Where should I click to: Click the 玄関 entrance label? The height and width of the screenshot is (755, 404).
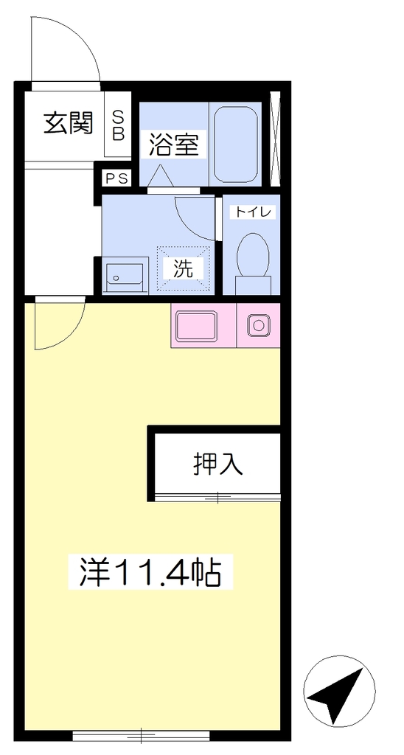coord(68,124)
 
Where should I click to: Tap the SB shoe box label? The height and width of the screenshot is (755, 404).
coord(118,125)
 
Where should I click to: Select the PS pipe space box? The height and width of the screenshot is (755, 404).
coord(117,178)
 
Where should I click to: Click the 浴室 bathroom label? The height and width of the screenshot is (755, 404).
coord(173,145)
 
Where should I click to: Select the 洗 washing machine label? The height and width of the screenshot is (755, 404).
coord(184,268)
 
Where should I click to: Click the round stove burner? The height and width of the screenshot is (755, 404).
coord(259,325)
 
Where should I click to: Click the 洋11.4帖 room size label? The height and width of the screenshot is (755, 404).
coord(150,571)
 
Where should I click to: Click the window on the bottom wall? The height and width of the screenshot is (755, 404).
coord(142,735)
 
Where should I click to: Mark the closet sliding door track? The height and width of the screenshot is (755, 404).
coord(217,498)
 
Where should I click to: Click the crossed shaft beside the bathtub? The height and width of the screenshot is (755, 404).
coord(275,139)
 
